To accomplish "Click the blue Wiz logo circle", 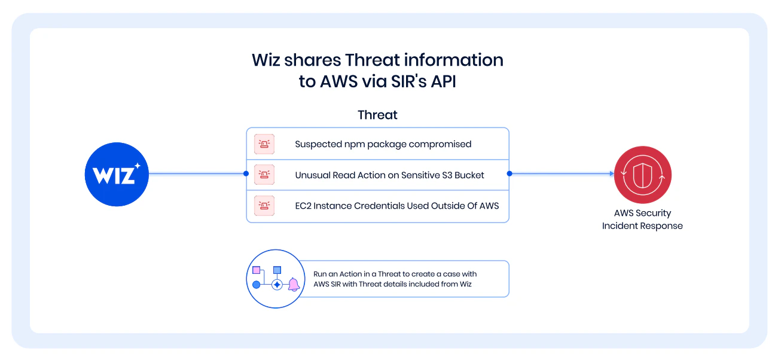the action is point(117,174).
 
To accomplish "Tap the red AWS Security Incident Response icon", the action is point(642,175).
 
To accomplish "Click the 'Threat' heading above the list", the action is point(377,115).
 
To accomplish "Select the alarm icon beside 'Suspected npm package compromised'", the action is point(264,144).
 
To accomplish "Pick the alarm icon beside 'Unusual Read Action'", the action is point(264,175).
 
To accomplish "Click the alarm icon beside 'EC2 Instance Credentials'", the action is point(264,206).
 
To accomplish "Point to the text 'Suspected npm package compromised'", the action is point(383,144).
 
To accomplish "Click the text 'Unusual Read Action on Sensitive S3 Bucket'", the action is point(389,175).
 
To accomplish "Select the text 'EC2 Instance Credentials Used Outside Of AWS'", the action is point(397,206).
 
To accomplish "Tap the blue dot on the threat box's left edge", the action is point(246,173).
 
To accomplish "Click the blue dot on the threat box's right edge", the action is point(509,173).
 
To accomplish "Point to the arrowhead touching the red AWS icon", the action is point(612,173).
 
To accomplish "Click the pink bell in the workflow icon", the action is point(294,284).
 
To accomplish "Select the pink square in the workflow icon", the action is point(257,270).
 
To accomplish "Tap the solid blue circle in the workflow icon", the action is point(257,285).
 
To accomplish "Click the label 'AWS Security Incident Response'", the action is point(642,219).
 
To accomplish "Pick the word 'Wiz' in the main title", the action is point(266,60).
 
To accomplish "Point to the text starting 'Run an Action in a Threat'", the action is point(395,279).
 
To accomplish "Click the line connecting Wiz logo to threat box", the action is point(197,173).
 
